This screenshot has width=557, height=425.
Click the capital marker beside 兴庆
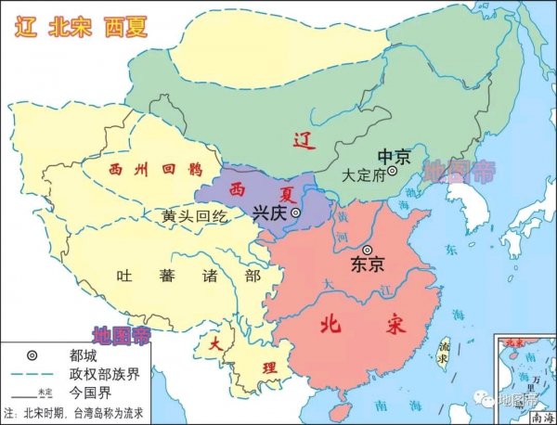point(296,212)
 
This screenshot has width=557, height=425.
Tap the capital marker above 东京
point(368,250)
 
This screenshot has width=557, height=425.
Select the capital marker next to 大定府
point(393,172)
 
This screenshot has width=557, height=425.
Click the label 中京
point(392,156)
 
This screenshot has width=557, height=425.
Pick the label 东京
point(368,264)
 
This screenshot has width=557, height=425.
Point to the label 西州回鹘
point(142,171)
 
